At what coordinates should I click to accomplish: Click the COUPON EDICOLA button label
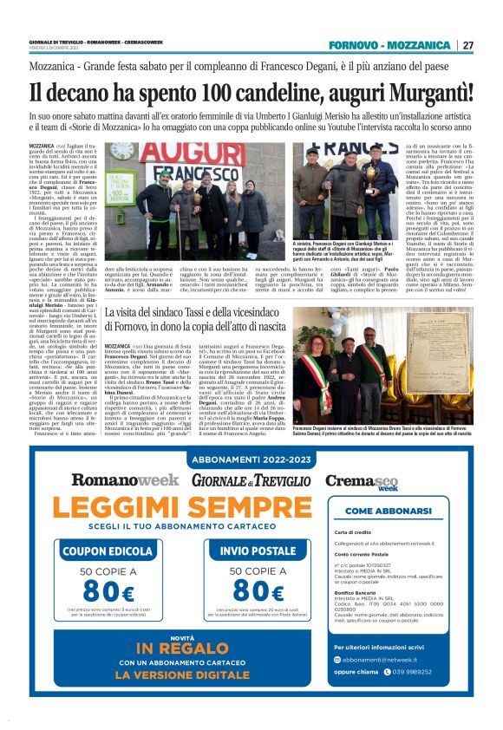point(106,551)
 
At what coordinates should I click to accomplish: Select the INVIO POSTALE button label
point(258,551)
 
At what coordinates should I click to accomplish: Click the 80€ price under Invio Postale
point(258,591)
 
